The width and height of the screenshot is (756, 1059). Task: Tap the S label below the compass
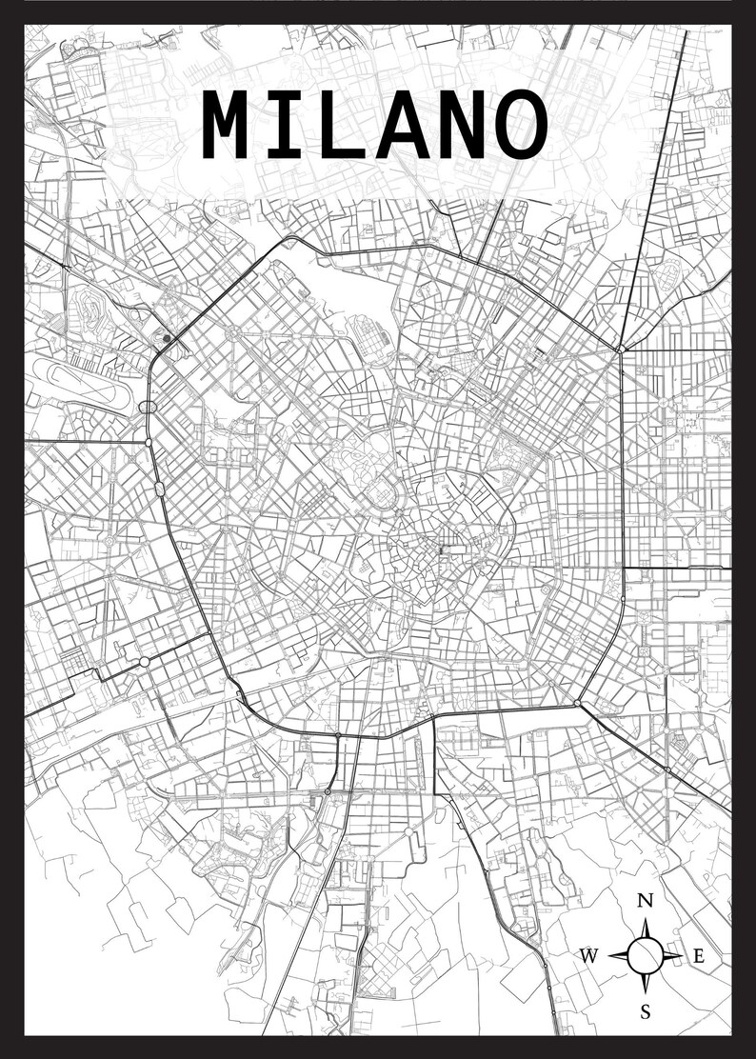(646, 1012)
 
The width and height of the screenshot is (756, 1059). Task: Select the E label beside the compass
(698, 957)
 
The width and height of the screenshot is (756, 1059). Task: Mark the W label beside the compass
(589, 957)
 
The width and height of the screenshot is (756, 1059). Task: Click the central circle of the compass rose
(646, 955)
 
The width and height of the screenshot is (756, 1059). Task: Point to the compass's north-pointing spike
(646, 929)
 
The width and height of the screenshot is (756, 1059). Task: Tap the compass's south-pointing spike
(646, 982)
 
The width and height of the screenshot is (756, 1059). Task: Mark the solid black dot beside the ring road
(167, 337)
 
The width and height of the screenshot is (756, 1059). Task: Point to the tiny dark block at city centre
(441, 549)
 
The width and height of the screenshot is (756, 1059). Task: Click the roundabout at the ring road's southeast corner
(577, 703)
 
